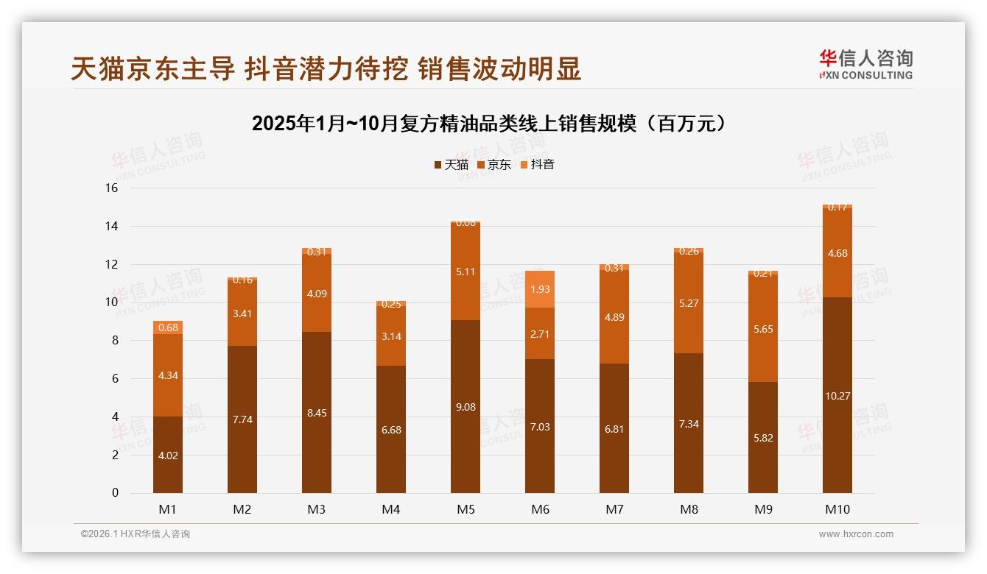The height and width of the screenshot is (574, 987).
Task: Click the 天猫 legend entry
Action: pos(451,165)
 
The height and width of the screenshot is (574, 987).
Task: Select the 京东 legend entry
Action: pos(494,165)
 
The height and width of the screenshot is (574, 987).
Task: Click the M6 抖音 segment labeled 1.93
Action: pos(540,289)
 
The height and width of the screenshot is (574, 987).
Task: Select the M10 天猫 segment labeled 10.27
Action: pos(837,395)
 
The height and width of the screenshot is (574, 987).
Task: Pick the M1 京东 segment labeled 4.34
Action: pos(168,375)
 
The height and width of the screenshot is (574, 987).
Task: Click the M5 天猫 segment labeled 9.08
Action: pos(466,406)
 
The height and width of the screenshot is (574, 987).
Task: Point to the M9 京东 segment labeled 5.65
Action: pos(763,328)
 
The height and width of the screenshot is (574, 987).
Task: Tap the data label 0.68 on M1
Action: pos(168,327)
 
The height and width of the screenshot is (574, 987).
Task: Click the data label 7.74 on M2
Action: pos(242,419)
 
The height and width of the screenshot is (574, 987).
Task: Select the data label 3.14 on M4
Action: pos(391,336)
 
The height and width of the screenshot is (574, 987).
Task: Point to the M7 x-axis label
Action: pos(614,509)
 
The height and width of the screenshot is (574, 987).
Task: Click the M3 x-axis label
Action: pos(317,509)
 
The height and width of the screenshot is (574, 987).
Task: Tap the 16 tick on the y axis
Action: pos(111,188)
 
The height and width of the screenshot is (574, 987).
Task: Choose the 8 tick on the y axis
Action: pos(114,341)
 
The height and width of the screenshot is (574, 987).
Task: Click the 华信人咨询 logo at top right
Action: pos(865,64)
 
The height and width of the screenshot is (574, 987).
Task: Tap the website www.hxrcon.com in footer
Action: pos(856,534)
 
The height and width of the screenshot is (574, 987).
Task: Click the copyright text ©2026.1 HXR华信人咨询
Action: pos(136,534)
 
